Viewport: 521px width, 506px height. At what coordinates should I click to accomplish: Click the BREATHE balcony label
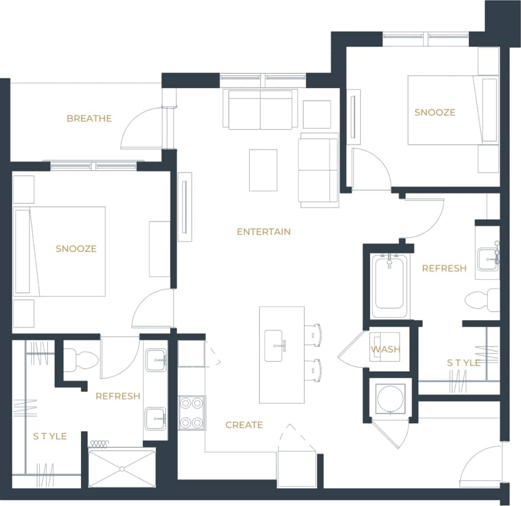(89, 118)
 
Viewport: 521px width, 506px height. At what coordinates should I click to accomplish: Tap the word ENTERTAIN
(264, 231)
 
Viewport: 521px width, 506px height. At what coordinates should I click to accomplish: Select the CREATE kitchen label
(244, 425)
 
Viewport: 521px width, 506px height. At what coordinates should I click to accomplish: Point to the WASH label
(386, 350)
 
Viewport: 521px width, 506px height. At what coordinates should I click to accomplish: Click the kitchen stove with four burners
(191, 412)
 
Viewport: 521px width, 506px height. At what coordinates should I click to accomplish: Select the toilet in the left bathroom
(81, 360)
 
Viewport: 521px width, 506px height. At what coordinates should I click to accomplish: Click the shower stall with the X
(122, 468)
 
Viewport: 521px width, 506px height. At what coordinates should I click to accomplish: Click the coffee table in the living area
(263, 170)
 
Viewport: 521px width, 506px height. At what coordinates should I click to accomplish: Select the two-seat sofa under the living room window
(260, 109)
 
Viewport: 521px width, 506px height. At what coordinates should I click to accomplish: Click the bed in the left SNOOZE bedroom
(60, 251)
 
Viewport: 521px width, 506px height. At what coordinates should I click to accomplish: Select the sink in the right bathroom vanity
(488, 258)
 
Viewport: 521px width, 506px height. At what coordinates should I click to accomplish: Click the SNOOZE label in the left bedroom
(76, 249)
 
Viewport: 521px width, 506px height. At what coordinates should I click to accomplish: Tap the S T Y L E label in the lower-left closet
(50, 437)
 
